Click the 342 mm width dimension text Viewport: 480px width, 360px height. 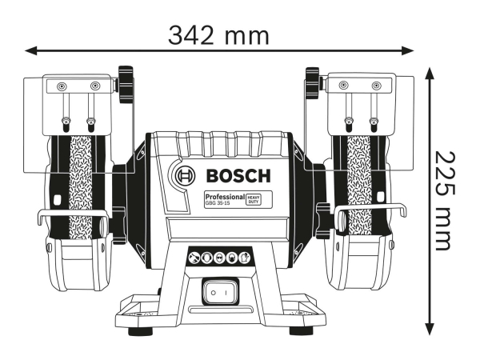[x=218, y=34]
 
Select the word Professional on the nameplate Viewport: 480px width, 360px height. [x=223, y=196]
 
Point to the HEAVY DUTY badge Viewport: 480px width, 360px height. [x=253, y=198]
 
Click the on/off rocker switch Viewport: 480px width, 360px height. [x=218, y=294]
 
